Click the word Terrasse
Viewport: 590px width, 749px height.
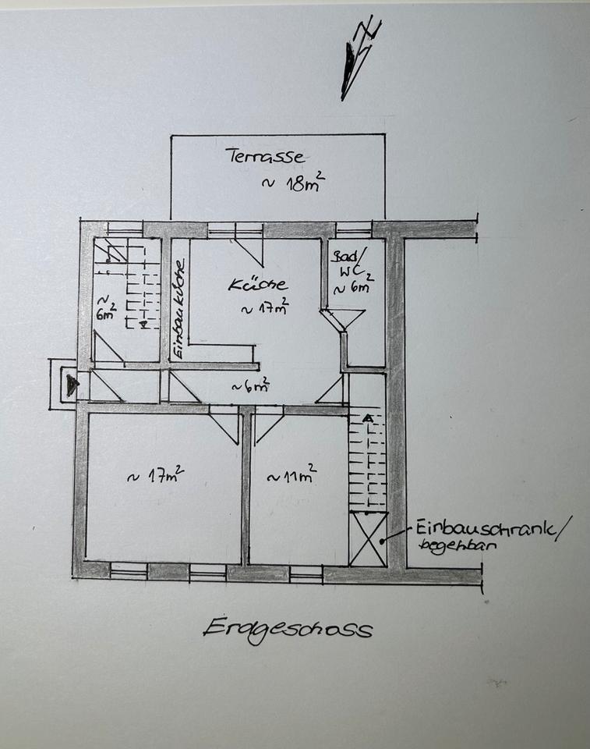coord(265,155)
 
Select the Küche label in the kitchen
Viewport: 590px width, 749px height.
coord(257,285)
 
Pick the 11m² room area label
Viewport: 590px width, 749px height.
coord(291,475)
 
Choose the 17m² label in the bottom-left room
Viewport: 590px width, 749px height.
coord(155,475)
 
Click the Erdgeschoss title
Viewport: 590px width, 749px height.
coord(288,627)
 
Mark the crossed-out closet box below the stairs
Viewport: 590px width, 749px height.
coord(368,539)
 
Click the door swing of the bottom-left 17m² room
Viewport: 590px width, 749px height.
coord(224,424)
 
